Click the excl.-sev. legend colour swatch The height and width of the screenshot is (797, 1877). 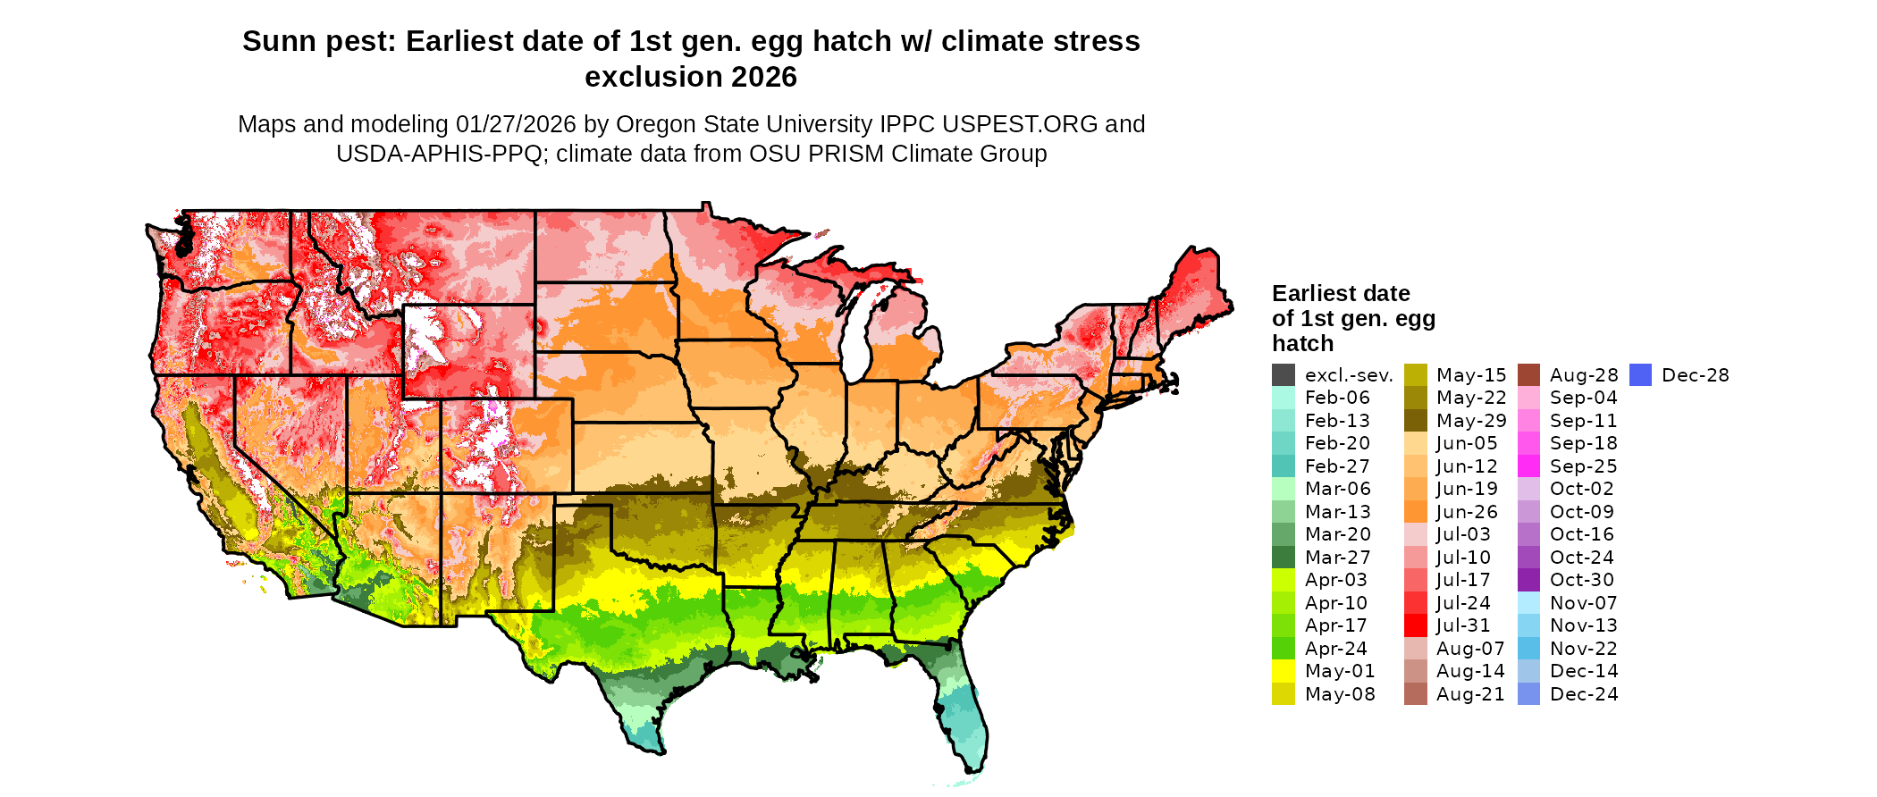[x=1283, y=375]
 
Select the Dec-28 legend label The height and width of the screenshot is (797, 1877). [x=1695, y=375]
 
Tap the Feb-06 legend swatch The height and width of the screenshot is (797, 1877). [x=1283, y=398]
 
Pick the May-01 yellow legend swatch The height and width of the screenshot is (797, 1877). [x=1283, y=671]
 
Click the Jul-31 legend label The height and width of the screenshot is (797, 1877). [x=1463, y=625]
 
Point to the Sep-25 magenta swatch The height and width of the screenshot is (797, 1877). [x=1528, y=466]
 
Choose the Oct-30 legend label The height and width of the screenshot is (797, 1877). [x=1582, y=580]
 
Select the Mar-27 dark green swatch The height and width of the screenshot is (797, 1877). [x=1283, y=558]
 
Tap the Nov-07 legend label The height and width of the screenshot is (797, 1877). [x=1583, y=603]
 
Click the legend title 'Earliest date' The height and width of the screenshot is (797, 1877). [x=1341, y=294]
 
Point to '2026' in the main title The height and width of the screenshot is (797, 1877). [x=764, y=78]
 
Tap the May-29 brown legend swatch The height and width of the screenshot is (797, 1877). [x=1415, y=421]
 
